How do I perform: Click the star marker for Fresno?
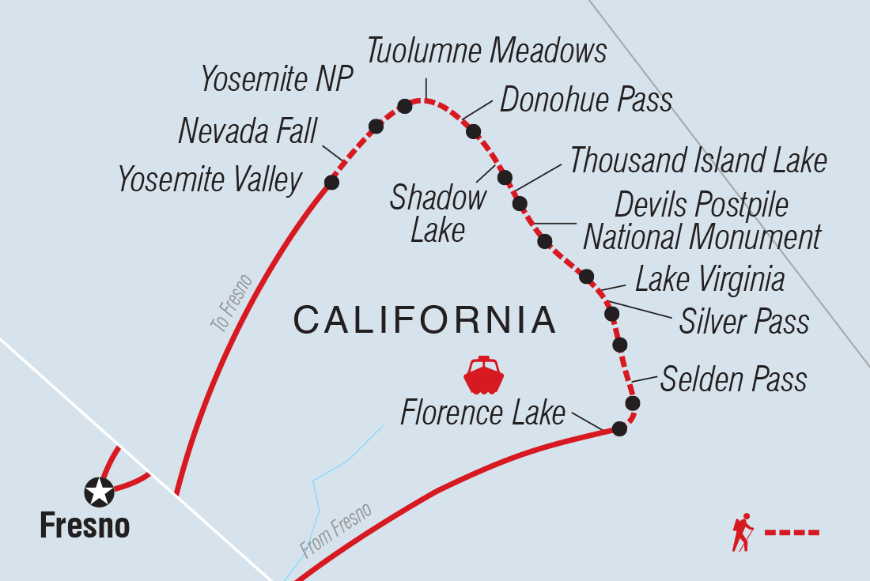[x=99, y=492]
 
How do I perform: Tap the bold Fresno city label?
[x=85, y=526]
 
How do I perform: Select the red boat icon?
[x=484, y=375]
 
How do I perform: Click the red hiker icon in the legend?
[x=743, y=532]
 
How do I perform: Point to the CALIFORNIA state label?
[x=425, y=320]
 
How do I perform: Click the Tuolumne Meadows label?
[x=486, y=51]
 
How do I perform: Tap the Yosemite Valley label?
[x=210, y=180]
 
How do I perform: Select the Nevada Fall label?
[x=248, y=130]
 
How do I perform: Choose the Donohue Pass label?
[x=586, y=100]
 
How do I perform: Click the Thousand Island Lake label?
[x=698, y=160]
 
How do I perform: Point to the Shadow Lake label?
[x=437, y=213]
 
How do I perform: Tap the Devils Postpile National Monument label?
[x=702, y=221]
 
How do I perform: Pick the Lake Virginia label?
[x=709, y=280]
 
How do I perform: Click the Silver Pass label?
[x=743, y=322]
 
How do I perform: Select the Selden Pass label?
[x=733, y=379]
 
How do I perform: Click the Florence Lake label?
[x=482, y=413]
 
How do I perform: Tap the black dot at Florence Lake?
[x=619, y=429]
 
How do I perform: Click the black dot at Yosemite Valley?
[x=331, y=183]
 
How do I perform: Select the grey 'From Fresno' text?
[x=335, y=530]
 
